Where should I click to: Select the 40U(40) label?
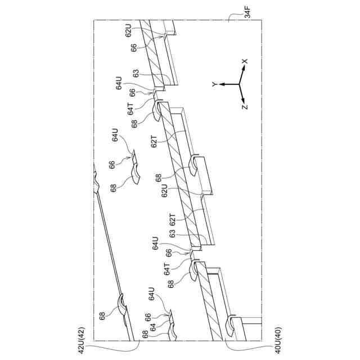tap(278, 341)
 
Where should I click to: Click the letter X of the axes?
tap(245, 61)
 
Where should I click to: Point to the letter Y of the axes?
tap(214, 84)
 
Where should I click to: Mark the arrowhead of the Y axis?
tap(220, 84)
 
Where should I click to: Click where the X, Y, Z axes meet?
tap(240, 84)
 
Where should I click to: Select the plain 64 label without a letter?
tap(151, 326)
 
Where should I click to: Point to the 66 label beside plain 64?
tap(148, 316)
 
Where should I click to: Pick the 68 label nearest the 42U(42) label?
tap(102, 316)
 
